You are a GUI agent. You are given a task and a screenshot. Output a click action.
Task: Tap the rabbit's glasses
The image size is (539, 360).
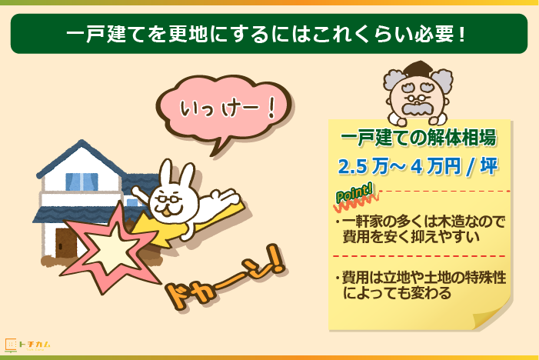coord(169,199)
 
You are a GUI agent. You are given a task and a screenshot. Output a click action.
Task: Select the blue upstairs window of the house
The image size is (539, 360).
coord(82,182)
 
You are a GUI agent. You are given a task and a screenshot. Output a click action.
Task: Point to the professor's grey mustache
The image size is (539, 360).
coord(418,109)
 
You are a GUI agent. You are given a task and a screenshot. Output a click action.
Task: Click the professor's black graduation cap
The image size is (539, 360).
coord(418,68)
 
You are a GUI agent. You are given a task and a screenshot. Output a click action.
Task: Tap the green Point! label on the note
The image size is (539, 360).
coord(354,194)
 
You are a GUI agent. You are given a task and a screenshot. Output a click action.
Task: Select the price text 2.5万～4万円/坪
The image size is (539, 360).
coord(418,166)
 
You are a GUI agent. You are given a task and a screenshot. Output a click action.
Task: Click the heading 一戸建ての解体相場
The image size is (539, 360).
coord(418,138)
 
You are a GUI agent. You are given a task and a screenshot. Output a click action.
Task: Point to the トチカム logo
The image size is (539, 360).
coord(28,345)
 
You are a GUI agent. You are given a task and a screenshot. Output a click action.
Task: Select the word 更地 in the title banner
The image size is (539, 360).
coord(188,34)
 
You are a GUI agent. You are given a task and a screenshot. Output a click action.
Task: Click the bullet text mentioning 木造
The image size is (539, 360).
coord(421,229)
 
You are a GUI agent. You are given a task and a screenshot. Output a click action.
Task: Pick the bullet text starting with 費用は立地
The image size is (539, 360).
coord(421,285)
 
